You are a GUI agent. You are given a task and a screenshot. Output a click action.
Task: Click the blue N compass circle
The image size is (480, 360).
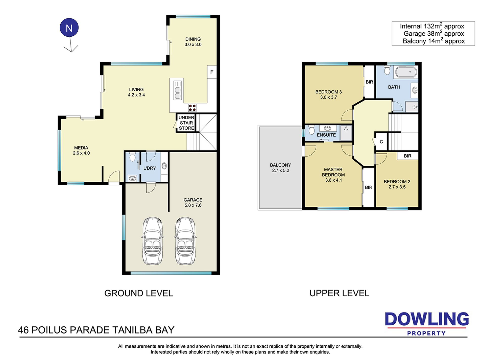click(69, 28)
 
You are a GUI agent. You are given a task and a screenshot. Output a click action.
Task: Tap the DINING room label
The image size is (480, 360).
click(193, 39)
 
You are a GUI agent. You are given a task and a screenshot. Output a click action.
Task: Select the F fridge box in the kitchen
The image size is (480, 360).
click(212, 72)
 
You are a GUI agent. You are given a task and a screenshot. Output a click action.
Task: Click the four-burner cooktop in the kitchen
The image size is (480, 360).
click(192, 108)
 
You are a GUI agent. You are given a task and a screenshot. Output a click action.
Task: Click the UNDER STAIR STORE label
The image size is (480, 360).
click(186, 123)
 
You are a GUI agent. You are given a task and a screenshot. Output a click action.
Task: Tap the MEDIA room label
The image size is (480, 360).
click(81, 148)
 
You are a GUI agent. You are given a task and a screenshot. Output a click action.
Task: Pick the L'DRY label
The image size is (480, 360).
click(150, 168)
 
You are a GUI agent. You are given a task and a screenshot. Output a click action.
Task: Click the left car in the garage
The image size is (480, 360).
click(153, 241)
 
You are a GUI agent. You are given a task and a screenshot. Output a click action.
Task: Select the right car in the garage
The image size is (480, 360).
click(185, 241)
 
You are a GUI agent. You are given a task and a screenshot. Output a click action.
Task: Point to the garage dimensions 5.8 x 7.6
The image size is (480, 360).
click(193, 205)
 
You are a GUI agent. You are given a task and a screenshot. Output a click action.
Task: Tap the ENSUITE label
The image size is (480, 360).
click(326, 135)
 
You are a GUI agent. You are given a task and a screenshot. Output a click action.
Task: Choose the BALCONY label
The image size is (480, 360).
click(280, 165)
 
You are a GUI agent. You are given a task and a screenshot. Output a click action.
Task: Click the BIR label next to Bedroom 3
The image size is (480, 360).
click(369, 82)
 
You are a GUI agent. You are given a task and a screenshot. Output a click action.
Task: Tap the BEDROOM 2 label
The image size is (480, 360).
click(397, 181)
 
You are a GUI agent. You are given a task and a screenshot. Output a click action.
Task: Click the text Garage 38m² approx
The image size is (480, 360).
click(434, 33)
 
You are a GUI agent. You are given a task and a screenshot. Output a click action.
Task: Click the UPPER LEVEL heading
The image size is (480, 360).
click(339, 293)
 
